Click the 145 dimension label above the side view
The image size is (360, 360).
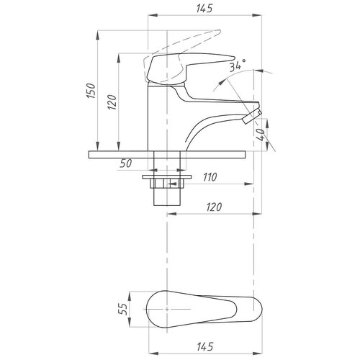(204, 8)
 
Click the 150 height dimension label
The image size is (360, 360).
(91, 91)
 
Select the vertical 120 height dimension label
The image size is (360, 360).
(112, 102)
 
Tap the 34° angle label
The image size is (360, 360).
(238, 65)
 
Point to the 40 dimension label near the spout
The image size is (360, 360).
(260, 135)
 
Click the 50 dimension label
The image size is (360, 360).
(126, 163)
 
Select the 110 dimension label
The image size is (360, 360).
(210, 177)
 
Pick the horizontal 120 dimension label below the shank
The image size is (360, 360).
(214, 207)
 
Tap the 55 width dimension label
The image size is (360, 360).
(122, 309)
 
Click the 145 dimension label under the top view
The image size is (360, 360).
(205, 346)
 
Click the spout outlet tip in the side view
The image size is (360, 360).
(253, 117)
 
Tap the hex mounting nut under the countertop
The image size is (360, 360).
(167, 184)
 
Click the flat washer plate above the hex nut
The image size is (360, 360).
(167, 177)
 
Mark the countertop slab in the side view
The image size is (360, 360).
(167, 155)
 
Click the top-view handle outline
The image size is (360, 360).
(204, 309)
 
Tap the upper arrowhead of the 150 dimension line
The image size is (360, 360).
(97, 35)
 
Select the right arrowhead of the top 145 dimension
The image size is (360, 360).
(257, 15)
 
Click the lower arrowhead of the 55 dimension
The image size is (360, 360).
(130, 322)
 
